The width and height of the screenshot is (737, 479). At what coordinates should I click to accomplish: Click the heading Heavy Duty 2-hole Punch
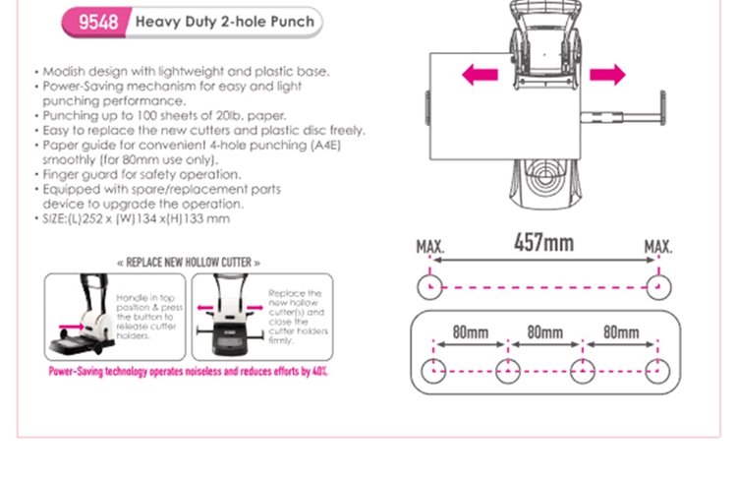pyautogui.click(x=224, y=22)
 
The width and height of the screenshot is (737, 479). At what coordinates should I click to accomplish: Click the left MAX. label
pyautogui.click(x=429, y=247)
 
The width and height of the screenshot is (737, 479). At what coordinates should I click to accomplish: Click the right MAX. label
pyautogui.click(x=658, y=247)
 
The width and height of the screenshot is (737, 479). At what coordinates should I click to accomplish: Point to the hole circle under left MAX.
pyautogui.click(x=430, y=287)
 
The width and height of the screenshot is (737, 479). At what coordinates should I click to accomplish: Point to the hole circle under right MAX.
pyautogui.click(x=656, y=287)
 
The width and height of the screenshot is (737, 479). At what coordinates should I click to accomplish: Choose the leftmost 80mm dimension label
pyautogui.click(x=470, y=332)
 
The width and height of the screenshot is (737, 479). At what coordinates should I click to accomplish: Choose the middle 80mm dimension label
pyautogui.click(x=544, y=332)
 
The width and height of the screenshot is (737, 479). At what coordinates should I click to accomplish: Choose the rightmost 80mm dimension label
pyautogui.click(x=621, y=332)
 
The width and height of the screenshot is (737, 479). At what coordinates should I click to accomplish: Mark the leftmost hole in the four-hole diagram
pyautogui.click(x=433, y=371)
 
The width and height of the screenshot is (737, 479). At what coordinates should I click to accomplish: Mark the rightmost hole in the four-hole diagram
pyautogui.click(x=657, y=371)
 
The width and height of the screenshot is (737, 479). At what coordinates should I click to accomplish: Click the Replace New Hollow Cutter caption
pyautogui.click(x=189, y=263)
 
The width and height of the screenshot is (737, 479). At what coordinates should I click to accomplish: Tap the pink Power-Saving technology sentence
pyautogui.click(x=189, y=372)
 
